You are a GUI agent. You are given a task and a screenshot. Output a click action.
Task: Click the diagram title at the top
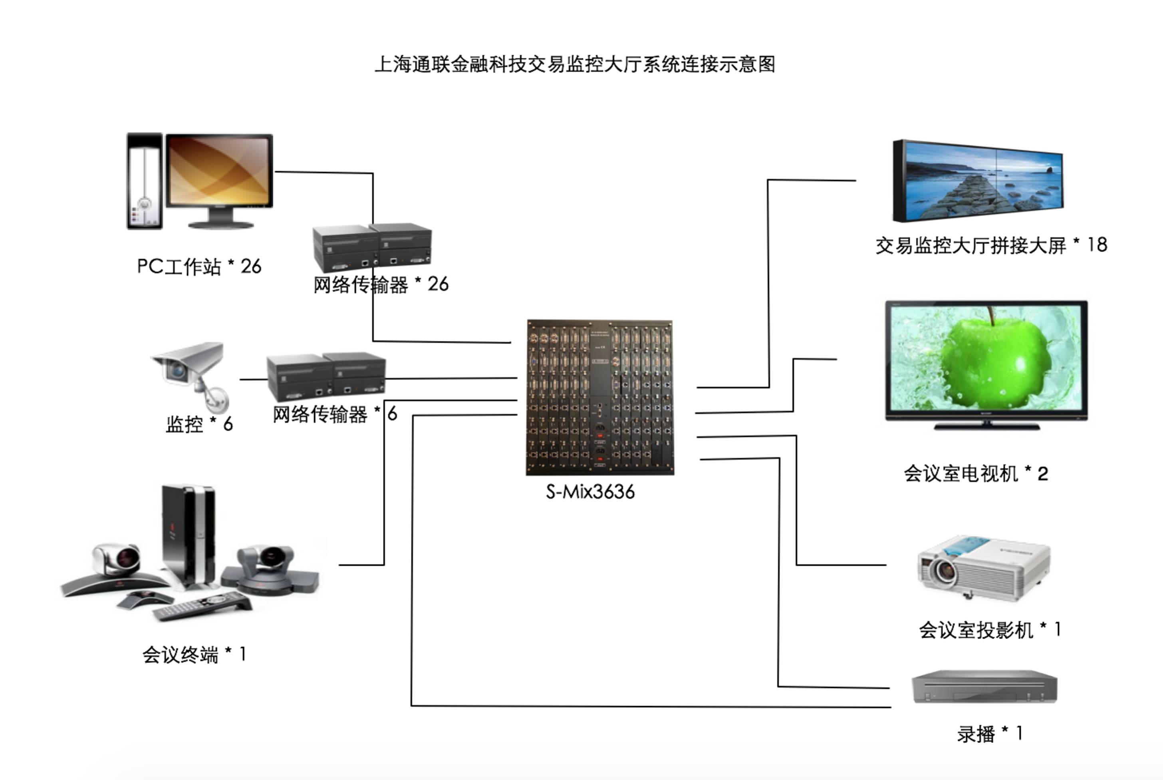pos(574,65)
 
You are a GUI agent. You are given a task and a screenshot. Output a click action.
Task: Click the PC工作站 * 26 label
pos(199,267)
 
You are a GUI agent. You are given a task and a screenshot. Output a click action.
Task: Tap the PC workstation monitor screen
pos(219,170)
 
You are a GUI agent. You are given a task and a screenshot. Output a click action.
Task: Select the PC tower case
pos(145,181)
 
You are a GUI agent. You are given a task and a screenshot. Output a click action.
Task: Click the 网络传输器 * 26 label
pos(380,285)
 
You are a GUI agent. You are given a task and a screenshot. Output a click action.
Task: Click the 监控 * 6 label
pos(199,424)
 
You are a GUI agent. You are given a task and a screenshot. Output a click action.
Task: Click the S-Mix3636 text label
pos(590,492)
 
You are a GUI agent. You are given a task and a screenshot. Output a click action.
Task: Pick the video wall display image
pos(978,181)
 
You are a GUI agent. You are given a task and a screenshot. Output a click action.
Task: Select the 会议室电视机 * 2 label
pos(976,474)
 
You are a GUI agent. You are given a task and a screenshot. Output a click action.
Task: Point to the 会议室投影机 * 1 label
pos(990,630)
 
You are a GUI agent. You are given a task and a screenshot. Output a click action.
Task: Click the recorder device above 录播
pos(984,687)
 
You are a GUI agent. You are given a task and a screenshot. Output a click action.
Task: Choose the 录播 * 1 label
pos(990,734)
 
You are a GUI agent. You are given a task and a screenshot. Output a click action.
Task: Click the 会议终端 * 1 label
pos(194,655)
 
